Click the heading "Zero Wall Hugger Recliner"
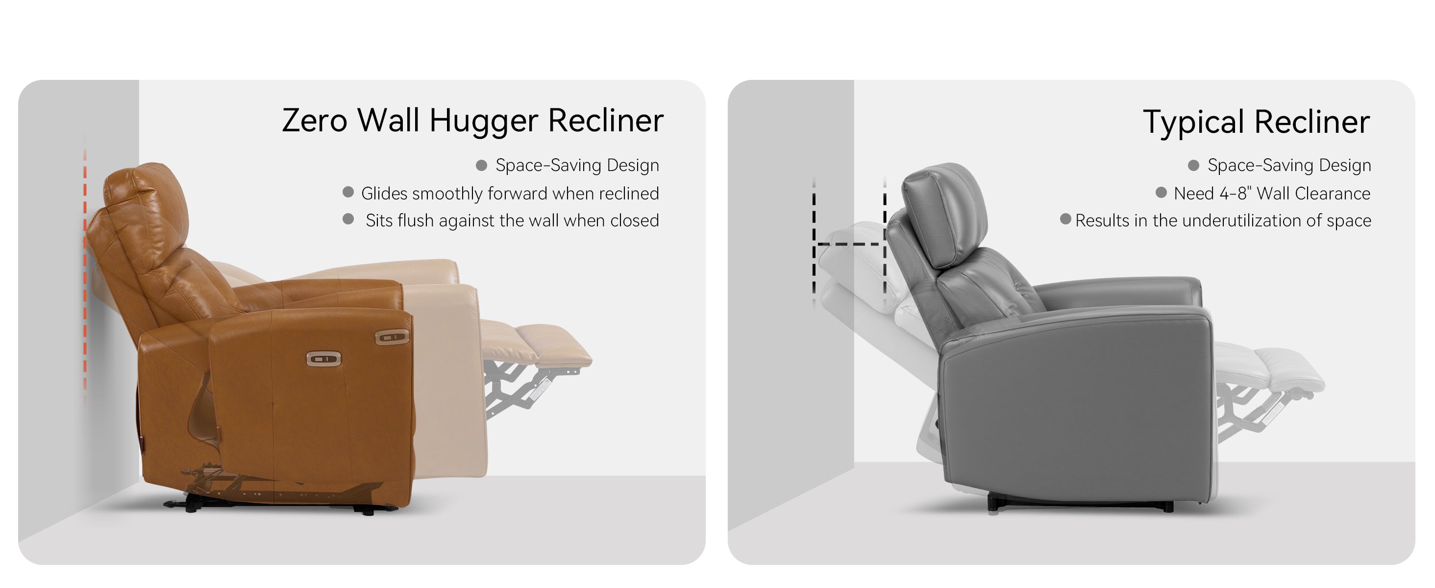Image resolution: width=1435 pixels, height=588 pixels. coord(472,121)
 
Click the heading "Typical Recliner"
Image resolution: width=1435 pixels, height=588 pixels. coord(1256,122)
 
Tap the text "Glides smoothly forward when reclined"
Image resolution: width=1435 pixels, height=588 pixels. coord(510,193)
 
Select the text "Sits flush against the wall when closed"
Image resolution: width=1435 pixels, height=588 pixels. coord(512,220)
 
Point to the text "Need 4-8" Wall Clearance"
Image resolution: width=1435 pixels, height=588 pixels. coord(1272,193)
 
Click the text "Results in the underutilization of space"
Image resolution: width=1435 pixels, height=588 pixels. coord(1223,220)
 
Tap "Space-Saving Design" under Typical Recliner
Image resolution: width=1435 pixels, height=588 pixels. coord(1289,166)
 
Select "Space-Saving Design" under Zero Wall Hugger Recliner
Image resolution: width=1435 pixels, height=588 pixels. coord(577,166)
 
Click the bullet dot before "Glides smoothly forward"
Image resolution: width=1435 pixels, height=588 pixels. coord(348,192)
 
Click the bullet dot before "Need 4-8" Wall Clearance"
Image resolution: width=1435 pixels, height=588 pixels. coord(1161,192)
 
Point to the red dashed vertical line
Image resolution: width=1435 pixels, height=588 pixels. coord(85,267)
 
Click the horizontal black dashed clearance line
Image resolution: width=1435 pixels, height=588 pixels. coord(849,244)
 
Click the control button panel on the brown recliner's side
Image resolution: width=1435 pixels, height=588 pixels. coord(323,359)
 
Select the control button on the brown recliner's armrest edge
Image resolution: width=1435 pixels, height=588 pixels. coord(392,337)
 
